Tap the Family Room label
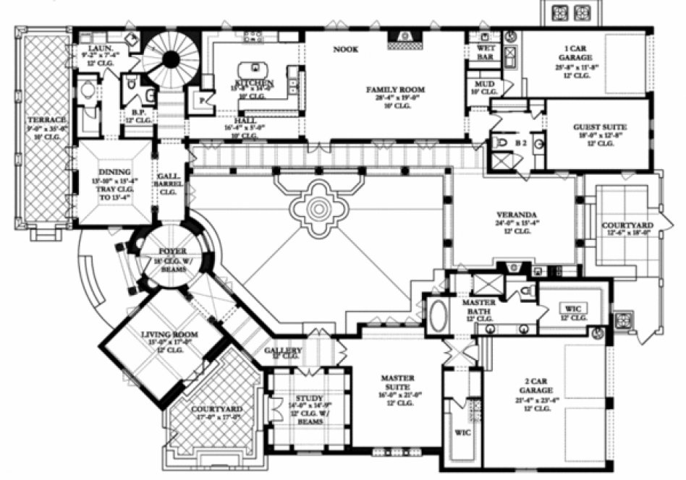coord(394,90)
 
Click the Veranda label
coord(516,215)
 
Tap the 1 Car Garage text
coord(576,53)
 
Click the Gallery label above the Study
coord(282,351)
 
